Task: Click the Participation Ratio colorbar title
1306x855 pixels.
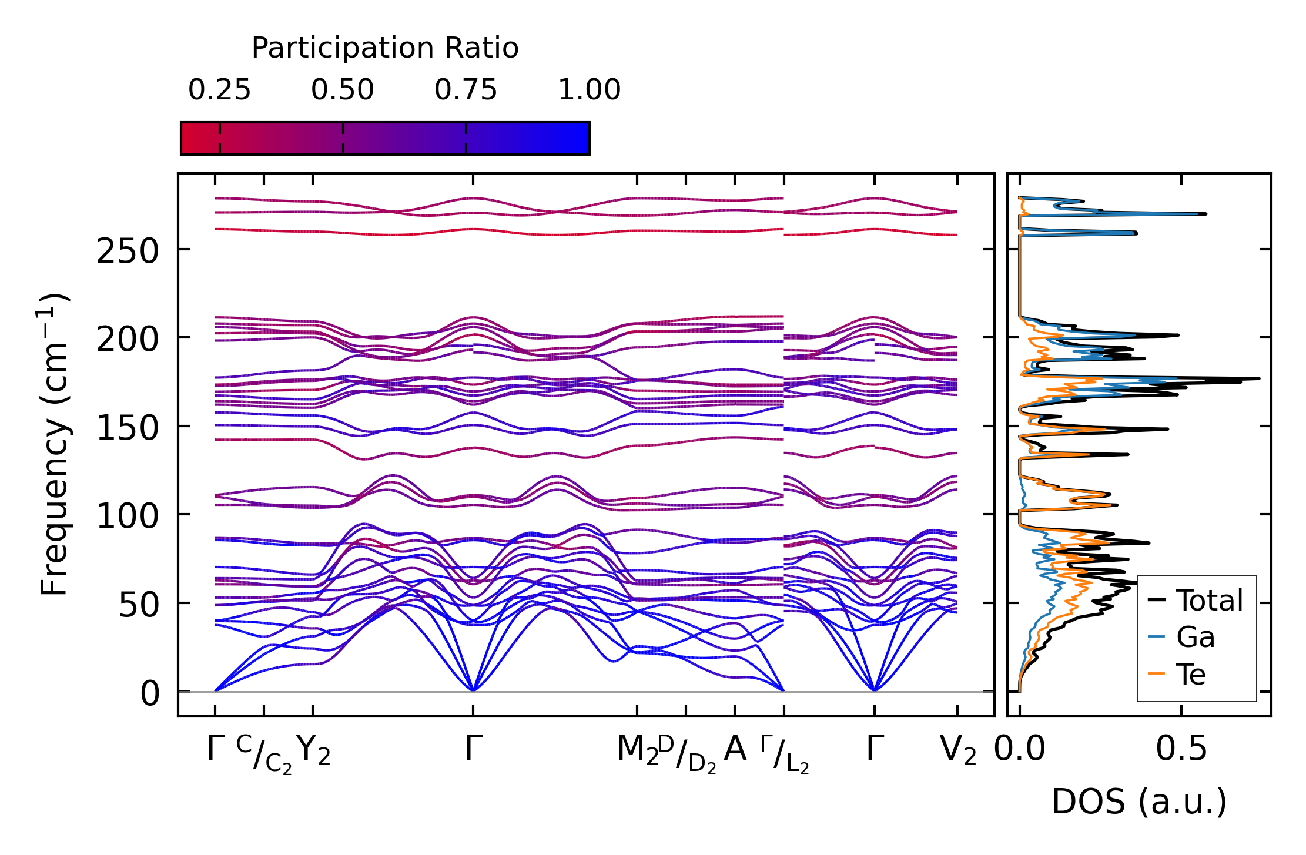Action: pyautogui.click(x=385, y=48)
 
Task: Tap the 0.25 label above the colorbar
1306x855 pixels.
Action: pyautogui.click(x=219, y=90)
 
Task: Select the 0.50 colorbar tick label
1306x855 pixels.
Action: pyautogui.click(x=343, y=90)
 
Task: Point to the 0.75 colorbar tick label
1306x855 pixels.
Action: pyautogui.click(x=466, y=90)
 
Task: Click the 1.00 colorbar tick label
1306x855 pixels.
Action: pyautogui.click(x=589, y=90)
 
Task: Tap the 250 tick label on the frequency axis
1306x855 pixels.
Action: pyautogui.click(x=128, y=252)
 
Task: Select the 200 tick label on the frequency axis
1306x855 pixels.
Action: pyautogui.click(x=128, y=340)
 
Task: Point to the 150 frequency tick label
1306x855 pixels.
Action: pyautogui.click(x=128, y=428)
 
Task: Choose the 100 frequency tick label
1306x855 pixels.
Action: pyautogui.click(x=128, y=517)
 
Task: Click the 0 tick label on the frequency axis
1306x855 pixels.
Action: pyautogui.click(x=150, y=693)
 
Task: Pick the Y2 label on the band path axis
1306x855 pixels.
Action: pyautogui.click(x=313, y=750)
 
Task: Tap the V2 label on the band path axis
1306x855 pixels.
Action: pyautogui.click(x=958, y=750)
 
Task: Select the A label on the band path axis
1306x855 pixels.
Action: pyautogui.click(x=735, y=749)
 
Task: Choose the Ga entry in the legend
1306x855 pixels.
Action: pyautogui.click(x=1196, y=637)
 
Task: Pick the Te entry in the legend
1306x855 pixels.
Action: pyautogui.click(x=1191, y=674)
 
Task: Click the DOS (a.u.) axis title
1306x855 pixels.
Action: pyautogui.click(x=1139, y=802)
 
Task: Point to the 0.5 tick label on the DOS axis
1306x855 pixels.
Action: pyautogui.click(x=1181, y=749)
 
